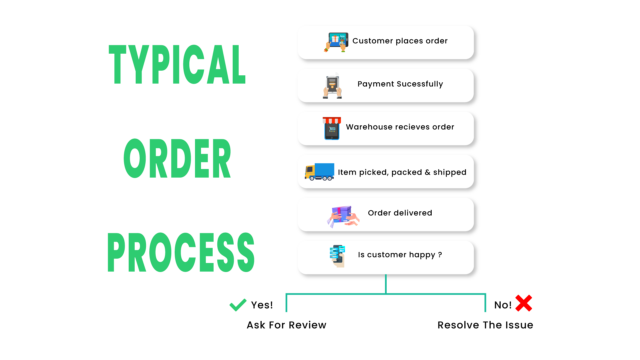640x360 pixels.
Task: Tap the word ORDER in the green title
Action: [177, 158]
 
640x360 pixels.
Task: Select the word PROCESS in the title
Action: [181, 252]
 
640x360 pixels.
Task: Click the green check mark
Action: [238, 304]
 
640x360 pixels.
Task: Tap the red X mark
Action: [523, 302]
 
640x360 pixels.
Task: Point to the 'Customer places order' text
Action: [399, 42]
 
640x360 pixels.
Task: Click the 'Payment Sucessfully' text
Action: [399, 84]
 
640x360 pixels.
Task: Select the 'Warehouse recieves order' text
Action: [400, 128]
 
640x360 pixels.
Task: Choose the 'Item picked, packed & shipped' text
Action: [402, 172]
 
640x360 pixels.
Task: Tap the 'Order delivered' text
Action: [399, 212]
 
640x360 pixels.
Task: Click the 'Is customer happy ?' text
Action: [400, 256]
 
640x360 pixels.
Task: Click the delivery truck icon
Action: [320, 172]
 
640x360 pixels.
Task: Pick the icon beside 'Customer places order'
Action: [336, 42]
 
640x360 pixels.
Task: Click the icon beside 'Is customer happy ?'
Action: [337, 256]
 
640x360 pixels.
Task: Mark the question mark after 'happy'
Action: [439, 256]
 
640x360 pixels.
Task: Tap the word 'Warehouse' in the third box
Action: [369, 128]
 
